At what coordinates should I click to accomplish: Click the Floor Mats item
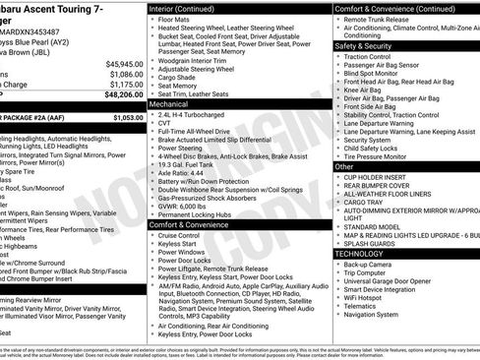pos(178,19)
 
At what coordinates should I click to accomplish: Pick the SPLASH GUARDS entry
pos(370,243)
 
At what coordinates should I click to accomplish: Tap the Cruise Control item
pos(178,236)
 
